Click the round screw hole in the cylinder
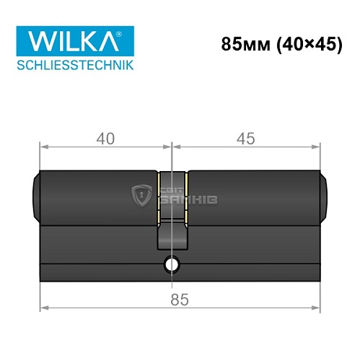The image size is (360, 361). coord(172,265)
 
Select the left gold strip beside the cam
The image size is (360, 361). coord(158,195)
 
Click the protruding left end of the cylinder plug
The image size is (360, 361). coord(38,195)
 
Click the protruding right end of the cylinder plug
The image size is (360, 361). coord(322,195)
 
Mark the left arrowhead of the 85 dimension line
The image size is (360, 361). coord(42,307)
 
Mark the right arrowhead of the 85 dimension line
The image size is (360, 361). coord(317,307)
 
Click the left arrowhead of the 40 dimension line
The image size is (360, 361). coord(42,147)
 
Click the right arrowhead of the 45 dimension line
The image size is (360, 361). coord(317,147)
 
